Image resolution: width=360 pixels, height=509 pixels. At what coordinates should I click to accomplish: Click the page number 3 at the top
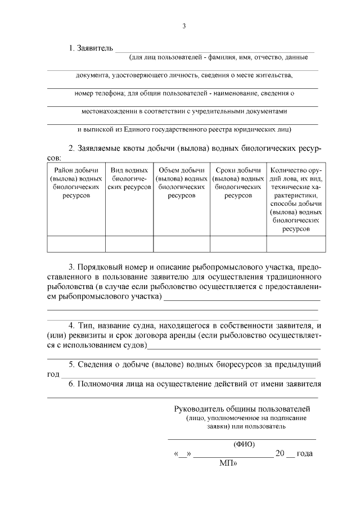183,25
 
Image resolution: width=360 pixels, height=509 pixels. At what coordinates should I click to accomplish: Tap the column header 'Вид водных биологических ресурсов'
129,178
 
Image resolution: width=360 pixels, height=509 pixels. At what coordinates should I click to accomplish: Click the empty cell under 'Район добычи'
76,244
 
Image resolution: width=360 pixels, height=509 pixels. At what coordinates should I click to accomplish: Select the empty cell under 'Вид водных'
129,244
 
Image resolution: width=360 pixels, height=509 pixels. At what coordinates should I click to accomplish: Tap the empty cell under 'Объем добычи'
181,244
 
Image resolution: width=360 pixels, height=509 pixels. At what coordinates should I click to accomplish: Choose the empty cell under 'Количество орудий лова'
295,244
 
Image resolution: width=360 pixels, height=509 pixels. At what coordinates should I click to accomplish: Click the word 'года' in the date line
304,454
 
